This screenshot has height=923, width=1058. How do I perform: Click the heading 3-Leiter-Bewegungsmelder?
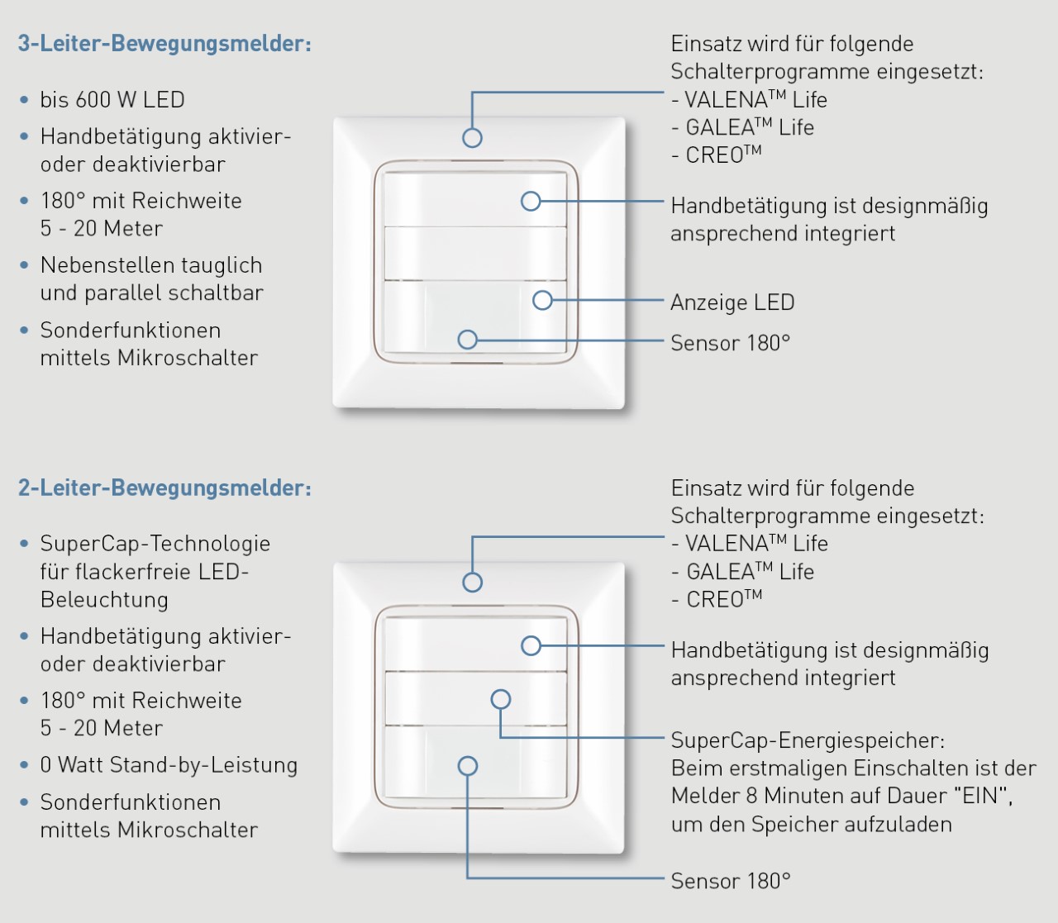(x=164, y=44)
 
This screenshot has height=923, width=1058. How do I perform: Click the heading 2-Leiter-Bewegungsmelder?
(x=164, y=488)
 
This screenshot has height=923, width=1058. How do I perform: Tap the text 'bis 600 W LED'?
(x=112, y=100)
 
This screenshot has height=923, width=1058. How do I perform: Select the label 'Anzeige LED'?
(x=732, y=302)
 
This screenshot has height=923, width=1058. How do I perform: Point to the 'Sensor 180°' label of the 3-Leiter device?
(x=730, y=343)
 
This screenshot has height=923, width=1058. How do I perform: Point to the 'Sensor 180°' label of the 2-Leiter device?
(x=730, y=881)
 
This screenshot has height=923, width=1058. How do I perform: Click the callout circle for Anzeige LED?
(x=542, y=300)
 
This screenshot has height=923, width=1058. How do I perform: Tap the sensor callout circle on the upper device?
(x=468, y=340)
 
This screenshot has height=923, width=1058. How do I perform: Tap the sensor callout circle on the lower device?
(x=468, y=766)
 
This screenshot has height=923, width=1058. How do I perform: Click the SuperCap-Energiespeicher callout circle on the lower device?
(x=501, y=699)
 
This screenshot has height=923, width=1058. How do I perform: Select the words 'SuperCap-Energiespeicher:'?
(x=808, y=740)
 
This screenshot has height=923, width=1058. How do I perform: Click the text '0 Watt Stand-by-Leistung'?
(x=169, y=765)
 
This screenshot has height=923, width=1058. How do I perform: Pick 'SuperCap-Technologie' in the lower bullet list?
(x=155, y=544)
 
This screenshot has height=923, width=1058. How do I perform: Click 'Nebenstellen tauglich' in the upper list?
(x=151, y=265)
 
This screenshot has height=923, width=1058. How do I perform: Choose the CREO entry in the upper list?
(x=717, y=155)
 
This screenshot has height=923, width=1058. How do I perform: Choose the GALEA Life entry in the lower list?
(x=744, y=572)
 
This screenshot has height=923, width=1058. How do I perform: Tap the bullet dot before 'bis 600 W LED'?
(x=24, y=100)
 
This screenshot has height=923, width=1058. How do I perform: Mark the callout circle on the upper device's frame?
(x=472, y=138)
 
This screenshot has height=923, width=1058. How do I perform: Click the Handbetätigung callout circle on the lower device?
(x=531, y=645)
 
